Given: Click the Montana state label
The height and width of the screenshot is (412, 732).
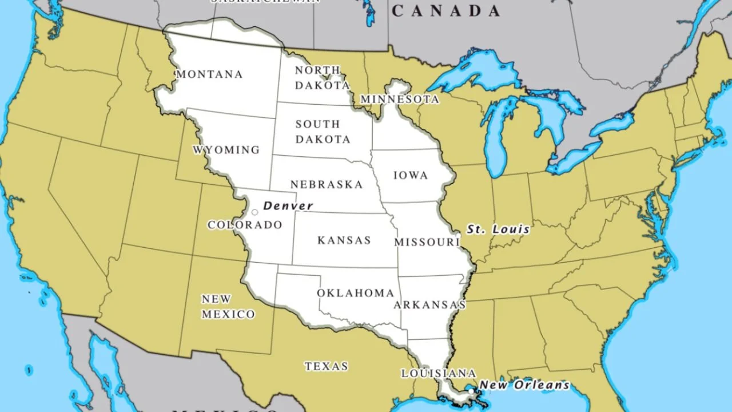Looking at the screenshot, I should point(209,74).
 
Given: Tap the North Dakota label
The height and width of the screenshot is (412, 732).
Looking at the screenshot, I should point(322,78).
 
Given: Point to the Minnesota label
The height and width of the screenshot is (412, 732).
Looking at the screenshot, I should point(400,100).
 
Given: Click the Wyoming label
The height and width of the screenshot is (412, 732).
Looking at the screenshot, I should point(226,150).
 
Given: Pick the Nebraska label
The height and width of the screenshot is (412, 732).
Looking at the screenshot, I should point(326,185).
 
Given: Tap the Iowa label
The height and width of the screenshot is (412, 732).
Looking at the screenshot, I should point(411,176).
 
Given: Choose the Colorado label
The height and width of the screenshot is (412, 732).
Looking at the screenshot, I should point(245,225).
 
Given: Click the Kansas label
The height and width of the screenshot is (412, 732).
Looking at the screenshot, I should point(344,240).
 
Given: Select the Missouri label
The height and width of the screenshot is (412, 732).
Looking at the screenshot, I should point(427,243).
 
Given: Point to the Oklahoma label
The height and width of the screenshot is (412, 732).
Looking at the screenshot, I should point(355,293).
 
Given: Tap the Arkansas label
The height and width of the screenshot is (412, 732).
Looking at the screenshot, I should point(429,305).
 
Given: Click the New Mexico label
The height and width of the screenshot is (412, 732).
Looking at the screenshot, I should point(228,307).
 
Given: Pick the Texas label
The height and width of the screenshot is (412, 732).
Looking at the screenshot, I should point(326,366).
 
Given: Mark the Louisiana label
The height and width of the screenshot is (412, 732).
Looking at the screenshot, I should point(438,374).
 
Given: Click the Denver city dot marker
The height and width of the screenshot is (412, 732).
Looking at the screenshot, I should point(254,212).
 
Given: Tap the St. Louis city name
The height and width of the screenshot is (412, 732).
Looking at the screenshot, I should point(498,229).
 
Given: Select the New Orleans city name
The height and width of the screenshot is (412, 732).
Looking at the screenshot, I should point(524,385).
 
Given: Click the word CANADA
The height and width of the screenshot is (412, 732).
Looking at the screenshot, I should point(446,10).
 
